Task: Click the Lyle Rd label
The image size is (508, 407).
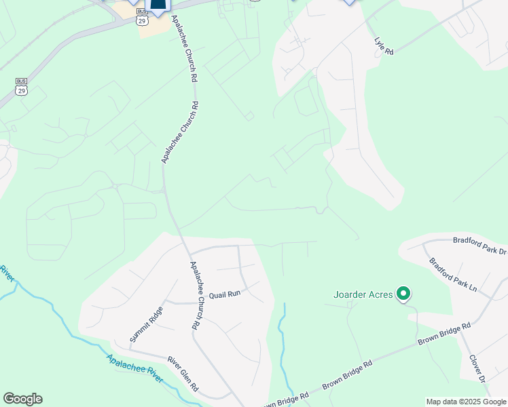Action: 384,46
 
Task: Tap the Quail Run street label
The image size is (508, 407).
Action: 225,294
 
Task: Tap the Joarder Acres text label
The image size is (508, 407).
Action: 363,294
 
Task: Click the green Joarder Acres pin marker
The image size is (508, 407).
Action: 403,294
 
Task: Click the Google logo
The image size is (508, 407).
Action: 22,399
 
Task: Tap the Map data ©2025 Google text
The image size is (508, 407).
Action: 466,402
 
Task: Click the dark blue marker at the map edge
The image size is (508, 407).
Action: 158,6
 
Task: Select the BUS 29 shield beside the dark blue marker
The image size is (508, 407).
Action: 141,17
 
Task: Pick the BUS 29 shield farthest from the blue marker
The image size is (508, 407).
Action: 21,86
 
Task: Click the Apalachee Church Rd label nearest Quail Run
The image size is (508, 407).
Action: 194,295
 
